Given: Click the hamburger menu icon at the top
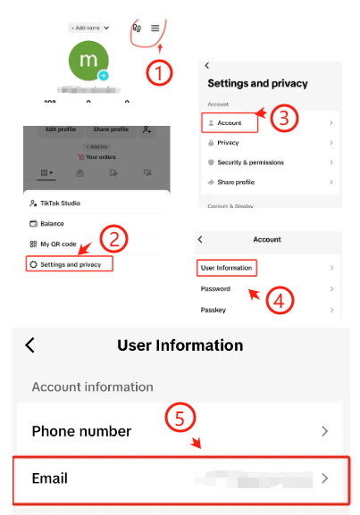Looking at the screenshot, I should coord(155,29).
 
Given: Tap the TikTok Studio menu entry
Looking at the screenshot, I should coord(63,204).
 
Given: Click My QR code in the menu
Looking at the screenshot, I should coord(57,244).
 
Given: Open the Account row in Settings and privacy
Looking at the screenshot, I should coord(267,121).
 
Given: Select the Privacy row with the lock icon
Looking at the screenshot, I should coord(267,142).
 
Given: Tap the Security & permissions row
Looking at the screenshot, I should coord(267,162).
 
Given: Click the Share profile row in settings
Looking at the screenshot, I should coord(267,182).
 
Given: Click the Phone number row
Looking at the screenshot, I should coord(180,431).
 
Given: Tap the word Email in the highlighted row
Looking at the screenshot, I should coord(50,478).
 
